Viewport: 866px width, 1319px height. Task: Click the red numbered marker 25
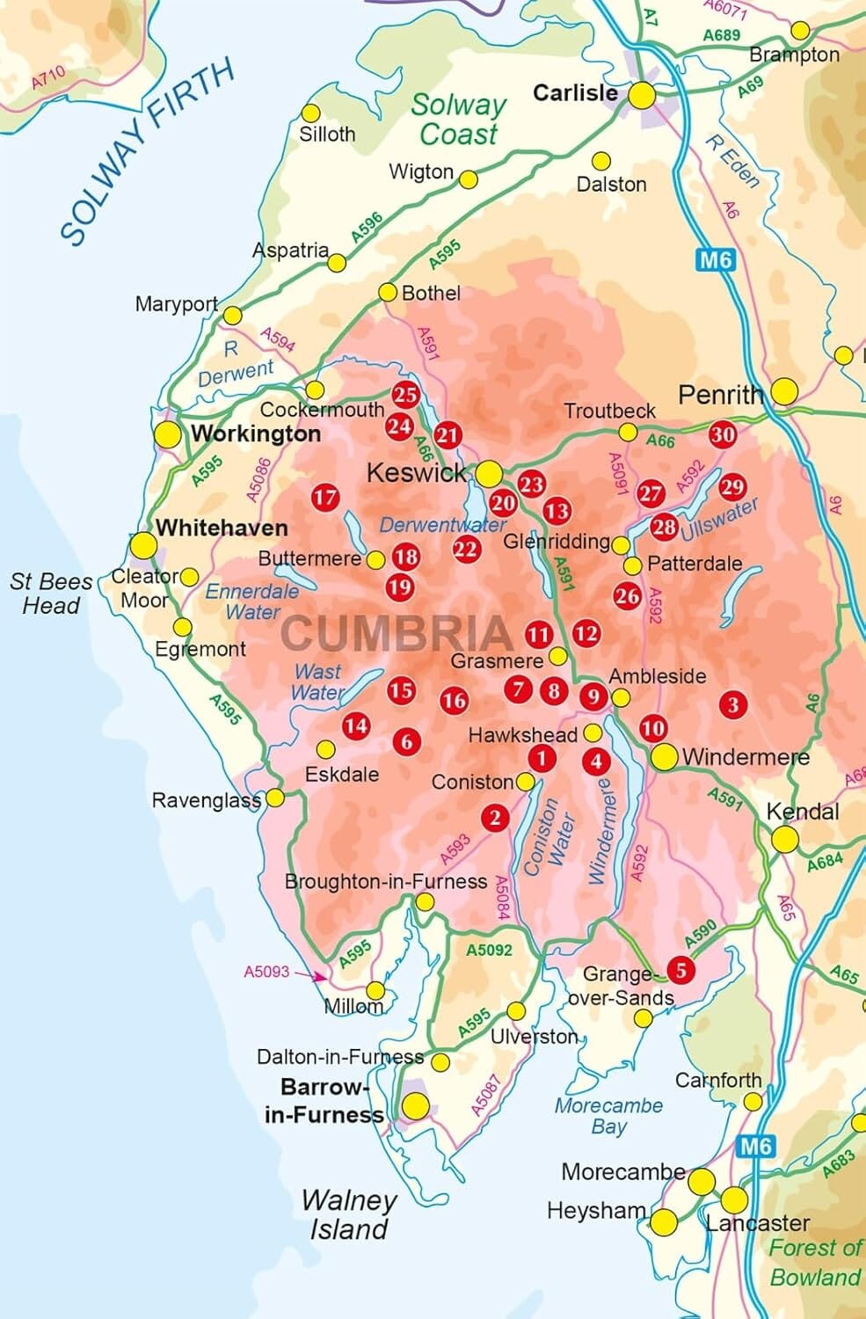tap(405, 395)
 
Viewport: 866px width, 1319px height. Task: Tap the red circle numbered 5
tap(680, 970)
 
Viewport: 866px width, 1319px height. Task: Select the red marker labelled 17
tap(325, 498)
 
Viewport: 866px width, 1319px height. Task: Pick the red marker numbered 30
tap(723, 434)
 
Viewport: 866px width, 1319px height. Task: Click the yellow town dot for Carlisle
tap(642, 95)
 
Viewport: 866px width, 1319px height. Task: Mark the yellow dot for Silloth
tap(310, 113)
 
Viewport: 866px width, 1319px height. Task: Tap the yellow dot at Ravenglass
tap(275, 798)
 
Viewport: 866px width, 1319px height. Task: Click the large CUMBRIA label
tap(397, 633)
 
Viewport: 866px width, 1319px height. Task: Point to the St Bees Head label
tap(51, 594)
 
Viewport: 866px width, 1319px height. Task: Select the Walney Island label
tap(348, 1214)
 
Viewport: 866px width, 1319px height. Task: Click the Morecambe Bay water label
tap(608, 1116)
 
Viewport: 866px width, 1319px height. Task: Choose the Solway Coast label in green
tap(458, 120)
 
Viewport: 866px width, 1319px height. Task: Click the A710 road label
tap(48, 78)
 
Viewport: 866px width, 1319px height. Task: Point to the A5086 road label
tap(258, 481)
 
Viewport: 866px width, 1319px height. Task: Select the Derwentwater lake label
tap(442, 525)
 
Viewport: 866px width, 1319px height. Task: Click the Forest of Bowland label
tap(814, 1262)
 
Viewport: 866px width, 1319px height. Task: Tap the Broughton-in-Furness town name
tap(386, 881)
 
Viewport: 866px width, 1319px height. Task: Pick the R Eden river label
tap(731, 162)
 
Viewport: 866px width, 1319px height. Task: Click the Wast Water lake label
tap(318, 681)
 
